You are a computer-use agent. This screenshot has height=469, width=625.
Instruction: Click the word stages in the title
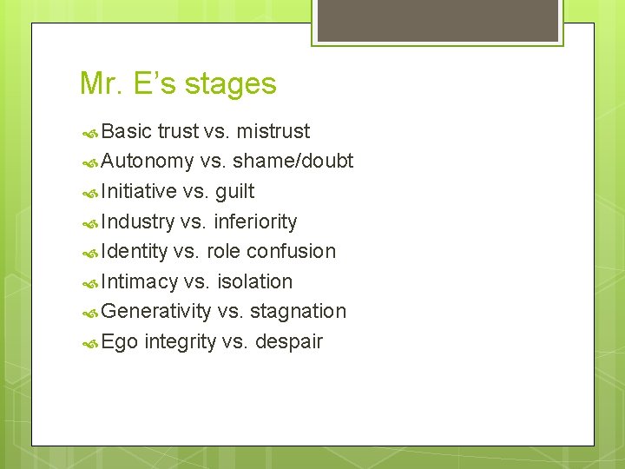click(231, 84)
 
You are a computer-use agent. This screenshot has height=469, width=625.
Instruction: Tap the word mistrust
click(273, 131)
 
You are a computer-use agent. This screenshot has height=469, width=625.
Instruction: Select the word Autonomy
click(148, 162)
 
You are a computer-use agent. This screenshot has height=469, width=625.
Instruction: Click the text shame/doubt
click(293, 162)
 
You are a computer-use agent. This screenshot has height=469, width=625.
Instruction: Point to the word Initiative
click(139, 191)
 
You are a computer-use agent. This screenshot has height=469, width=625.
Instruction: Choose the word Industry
click(137, 221)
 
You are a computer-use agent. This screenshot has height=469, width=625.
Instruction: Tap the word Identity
click(134, 251)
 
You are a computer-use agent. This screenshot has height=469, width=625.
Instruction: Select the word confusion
click(291, 251)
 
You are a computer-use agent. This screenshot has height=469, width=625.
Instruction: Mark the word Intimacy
click(140, 281)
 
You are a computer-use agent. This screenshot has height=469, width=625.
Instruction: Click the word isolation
click(254, 281)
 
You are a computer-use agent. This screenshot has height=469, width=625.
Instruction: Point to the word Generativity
click(156, 311)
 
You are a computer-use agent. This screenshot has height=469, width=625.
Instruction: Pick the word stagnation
click(298, 311)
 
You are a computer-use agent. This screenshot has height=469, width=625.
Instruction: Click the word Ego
click(120, 341)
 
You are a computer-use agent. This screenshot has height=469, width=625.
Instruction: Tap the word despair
click(288, 341)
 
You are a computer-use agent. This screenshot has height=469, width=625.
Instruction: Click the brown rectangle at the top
click(437, 20)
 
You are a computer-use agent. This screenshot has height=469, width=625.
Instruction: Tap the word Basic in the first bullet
click(127, 131)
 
